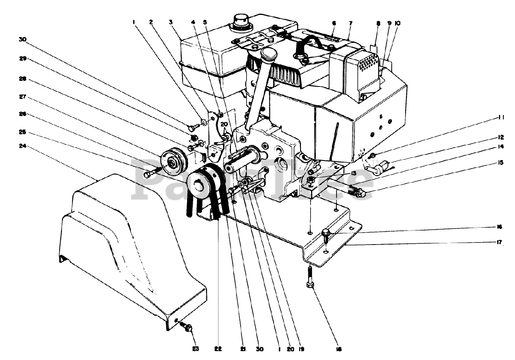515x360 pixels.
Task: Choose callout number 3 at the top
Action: click(x=171, y=23)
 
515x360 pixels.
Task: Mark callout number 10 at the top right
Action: click(x=398, y=23)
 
